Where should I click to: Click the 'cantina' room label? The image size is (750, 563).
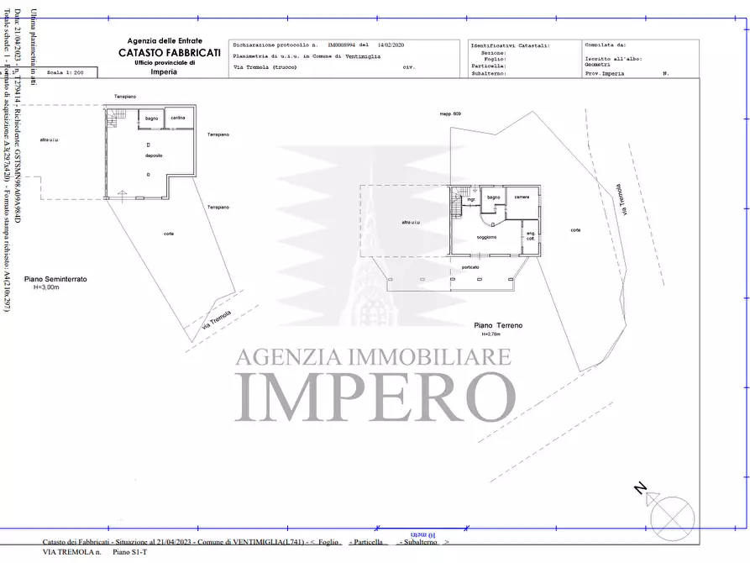click(177, 118)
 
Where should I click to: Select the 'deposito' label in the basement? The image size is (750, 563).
click(153, 156)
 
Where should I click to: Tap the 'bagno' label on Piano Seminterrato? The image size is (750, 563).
click(152, 118)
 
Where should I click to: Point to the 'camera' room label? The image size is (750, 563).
click(522, 197)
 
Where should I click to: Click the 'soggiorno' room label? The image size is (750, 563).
click(487, 238)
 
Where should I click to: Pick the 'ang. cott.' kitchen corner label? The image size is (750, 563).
click(530, 237)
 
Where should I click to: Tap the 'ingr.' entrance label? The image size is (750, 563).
click(471, 199)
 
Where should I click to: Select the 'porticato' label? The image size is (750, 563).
click(470, 267)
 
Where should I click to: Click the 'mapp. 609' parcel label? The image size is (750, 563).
click(450, 113)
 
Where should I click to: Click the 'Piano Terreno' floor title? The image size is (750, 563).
click(498, 324)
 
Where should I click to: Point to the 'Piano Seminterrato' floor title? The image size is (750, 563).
click(55, 279)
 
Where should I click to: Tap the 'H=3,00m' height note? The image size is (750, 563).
click(47, 287)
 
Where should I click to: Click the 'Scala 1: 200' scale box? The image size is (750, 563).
click(66, 74)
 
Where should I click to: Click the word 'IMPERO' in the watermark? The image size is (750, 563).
click(375, 395)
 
